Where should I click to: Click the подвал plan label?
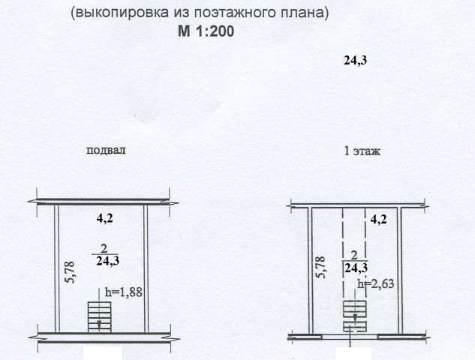[106, 149]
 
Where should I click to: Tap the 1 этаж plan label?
[362, 151]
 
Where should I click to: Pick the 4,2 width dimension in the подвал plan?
[107, 220]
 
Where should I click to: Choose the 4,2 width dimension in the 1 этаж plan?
[379, 220]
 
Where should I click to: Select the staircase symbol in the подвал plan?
[98, 316]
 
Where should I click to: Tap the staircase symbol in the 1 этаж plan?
[354, 315]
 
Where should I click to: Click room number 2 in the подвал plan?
[104, 248]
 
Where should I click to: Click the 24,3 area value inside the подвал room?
[108, 262]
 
